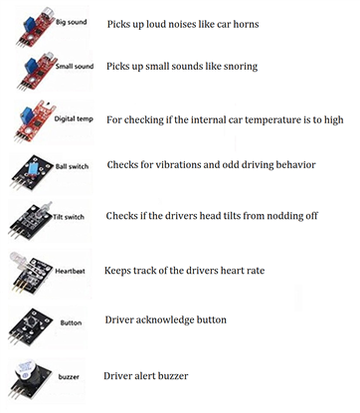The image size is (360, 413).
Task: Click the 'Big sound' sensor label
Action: pyautogui.click(x=71, y=22)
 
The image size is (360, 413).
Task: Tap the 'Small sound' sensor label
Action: pyautogui.click(x=75, y=66)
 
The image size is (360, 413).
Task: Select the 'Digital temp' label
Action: pyautogui.click(x=74, y=118)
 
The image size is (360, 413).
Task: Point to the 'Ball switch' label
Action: pyautogui.click(x=72, y=166)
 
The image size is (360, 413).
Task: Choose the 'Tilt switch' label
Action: pyautogui.click(x=69, y=217)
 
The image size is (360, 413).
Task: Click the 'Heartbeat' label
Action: pyautogui.click(x=70, y=271)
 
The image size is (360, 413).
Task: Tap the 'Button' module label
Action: pyautogui.click(x=71, y=322)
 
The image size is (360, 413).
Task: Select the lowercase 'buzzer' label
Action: pyautogui.click(x=69, y=376)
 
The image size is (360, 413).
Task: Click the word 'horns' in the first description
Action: pyautogui.click(x=246, y=24)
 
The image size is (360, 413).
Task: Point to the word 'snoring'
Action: pyautogui.click(x=241, y=67)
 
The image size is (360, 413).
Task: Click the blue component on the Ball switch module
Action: pyautogui.click(x=33, y=168)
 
